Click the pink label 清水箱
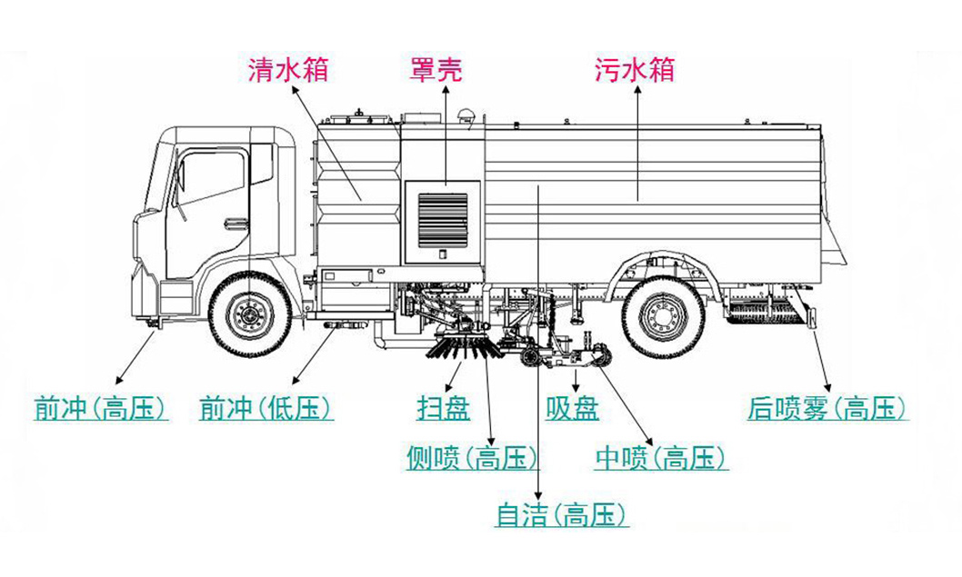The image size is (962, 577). pos(287,70)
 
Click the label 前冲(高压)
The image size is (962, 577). pos(100,410)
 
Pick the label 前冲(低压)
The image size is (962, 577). pos(266,410)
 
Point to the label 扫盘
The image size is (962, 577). pos(443,409)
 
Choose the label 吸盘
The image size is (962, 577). pos(572,409)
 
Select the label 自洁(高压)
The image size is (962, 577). pos(562,516)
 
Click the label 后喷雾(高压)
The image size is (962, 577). pos(827,409)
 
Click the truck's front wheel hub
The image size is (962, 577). pos(246,313)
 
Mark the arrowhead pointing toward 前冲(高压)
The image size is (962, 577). pos(115,381)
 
